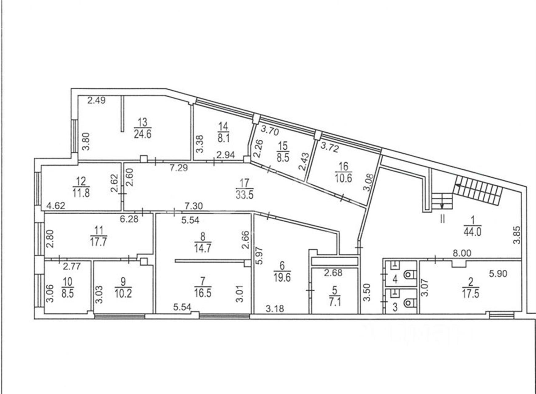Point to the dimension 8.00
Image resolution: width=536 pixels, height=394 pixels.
462,253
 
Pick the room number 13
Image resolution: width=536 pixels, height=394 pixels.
142,122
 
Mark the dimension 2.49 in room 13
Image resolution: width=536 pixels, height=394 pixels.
97,100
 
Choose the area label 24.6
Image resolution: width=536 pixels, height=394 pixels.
143,134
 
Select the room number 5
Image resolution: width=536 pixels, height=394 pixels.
335,290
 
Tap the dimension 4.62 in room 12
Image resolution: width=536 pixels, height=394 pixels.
56,205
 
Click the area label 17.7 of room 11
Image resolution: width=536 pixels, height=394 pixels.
98,242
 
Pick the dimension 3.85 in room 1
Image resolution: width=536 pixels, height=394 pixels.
517,235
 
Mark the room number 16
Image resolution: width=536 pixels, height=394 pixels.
343,167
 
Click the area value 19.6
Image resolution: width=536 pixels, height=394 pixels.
282,278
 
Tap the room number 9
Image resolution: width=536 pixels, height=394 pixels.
123,281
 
